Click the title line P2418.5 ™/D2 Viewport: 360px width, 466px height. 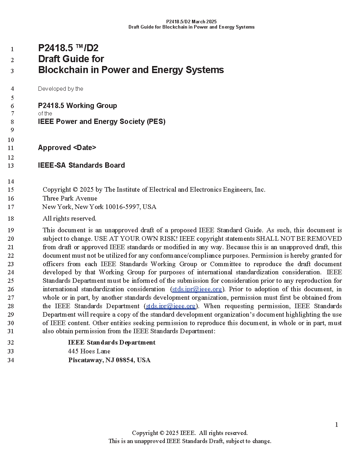(68, 48)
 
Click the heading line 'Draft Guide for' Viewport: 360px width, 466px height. (71, 59)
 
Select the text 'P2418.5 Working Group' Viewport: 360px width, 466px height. (77, 106)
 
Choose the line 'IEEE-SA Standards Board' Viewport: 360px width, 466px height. (81, 165)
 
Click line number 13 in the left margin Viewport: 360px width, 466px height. (11, 166)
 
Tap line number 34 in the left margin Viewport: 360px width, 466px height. (11, 360)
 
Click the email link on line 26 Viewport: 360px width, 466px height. (197, 289)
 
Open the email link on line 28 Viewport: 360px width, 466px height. (171, 306)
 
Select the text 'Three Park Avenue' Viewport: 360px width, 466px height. (70, 198)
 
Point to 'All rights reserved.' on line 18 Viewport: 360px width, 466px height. (70, 219)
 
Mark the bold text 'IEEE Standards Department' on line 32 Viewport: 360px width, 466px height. (112, 342)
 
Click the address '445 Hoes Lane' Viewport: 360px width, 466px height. (89, 351)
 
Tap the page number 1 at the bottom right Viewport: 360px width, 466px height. (336, 425)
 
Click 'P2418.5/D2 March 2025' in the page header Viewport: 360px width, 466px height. (191, 22)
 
